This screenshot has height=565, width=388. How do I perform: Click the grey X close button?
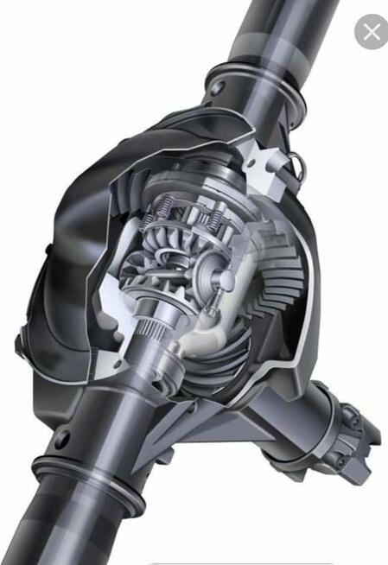tap(371, 32)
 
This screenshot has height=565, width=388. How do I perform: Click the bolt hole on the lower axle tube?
tap(62, 438)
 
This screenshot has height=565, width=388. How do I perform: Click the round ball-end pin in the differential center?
tap(222, 280)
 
